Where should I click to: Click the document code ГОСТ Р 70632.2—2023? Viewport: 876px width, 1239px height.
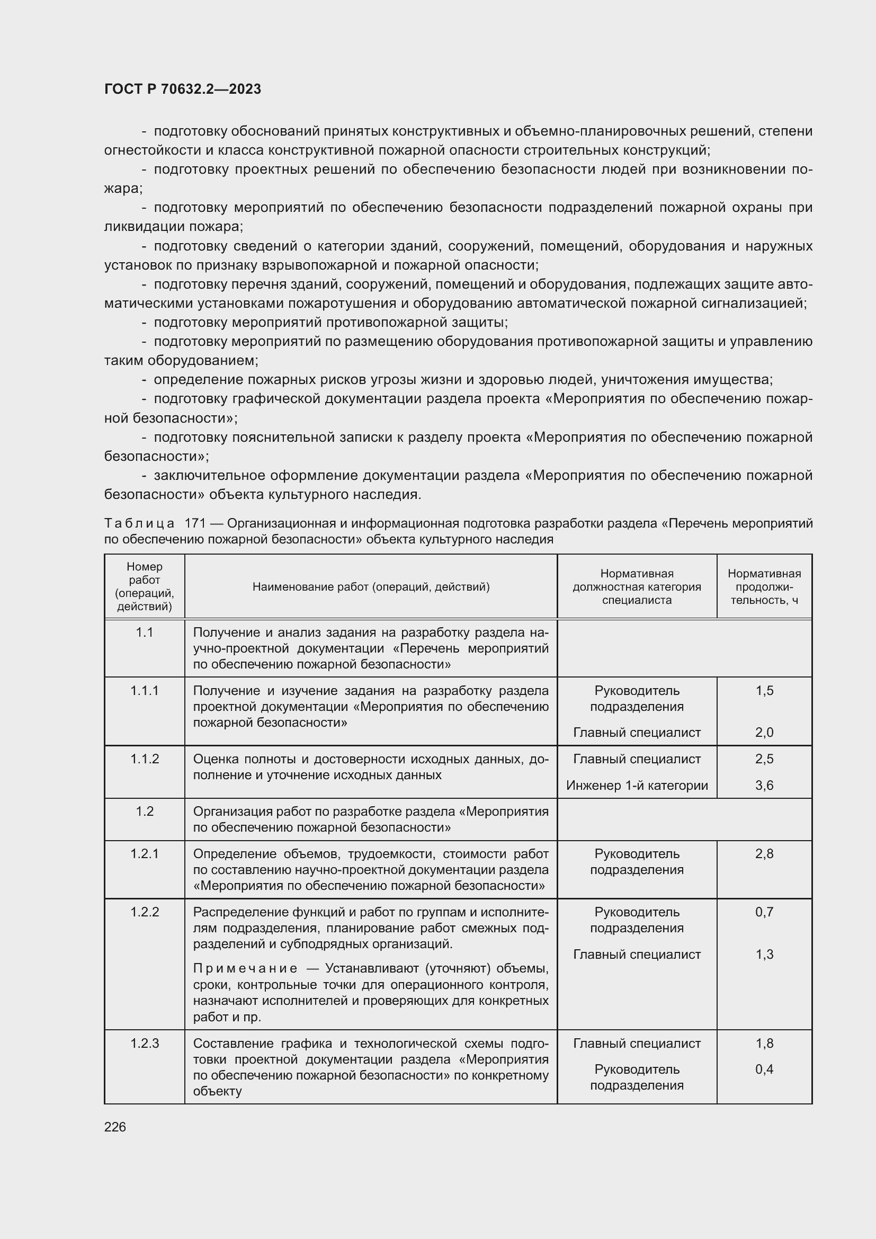pos(182,89)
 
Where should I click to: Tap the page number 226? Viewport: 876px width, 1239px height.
pos(115,1127)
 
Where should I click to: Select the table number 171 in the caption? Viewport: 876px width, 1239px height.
pos(195,523)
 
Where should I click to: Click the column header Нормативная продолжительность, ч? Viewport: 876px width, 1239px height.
pos(764,586)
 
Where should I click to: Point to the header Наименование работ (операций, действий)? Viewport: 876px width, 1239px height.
pos(371,586)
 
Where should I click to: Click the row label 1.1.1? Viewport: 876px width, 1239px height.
pos(145,691)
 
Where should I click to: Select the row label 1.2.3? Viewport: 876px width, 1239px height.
pos(145,1043)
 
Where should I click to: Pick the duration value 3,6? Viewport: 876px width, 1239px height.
pos(764,785)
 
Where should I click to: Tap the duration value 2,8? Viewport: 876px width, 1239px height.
pos(764,854)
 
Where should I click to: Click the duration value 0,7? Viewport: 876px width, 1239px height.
pos(764,912)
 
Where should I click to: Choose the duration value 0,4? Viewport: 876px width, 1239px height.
pos(764,1069)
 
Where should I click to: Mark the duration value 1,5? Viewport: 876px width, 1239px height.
pos(764,691)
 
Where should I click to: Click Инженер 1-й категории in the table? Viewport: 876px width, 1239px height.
pos(637,785)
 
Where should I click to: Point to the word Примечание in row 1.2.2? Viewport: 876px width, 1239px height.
pos(245,969)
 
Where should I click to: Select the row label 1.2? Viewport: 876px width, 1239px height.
pos(145,812)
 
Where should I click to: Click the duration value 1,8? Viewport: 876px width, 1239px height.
pos(764,1043)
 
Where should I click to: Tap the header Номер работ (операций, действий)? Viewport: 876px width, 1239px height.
pos(145,586)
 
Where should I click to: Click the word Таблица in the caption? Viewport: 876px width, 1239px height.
pos(139,523)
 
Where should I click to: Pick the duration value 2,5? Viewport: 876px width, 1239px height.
pos(764,759)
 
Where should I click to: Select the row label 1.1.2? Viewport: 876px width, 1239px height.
pos(145,759)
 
